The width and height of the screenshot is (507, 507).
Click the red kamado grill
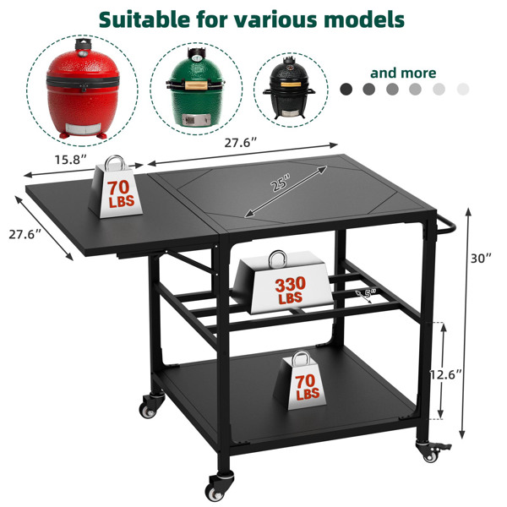83,89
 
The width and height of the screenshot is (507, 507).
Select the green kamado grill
195,87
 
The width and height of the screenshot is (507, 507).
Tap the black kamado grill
289,88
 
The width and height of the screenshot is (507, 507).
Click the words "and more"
403,73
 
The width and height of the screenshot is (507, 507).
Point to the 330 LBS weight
283,282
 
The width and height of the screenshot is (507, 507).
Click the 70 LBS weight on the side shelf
115,187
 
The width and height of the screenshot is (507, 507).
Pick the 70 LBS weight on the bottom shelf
300,381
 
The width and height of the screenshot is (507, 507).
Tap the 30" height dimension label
481,259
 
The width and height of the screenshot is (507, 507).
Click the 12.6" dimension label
446,374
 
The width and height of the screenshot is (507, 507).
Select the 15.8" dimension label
70,160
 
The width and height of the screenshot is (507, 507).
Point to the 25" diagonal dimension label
280,183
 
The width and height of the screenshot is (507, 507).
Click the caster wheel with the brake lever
431,450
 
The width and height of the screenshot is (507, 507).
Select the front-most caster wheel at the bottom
219,488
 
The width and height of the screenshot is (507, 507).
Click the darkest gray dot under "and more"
346,89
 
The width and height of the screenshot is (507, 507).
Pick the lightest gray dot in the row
463,89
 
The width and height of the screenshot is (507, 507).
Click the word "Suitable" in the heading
144,19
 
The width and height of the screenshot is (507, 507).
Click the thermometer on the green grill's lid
196,58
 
